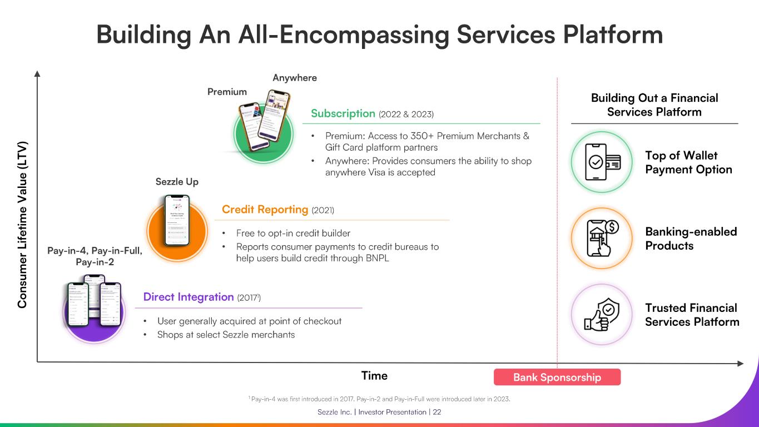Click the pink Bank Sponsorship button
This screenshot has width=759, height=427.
557,378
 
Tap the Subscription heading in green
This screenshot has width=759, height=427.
343,113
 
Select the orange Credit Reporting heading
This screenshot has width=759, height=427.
265,210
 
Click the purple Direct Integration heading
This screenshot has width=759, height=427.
188,297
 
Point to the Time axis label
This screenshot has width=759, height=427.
374,376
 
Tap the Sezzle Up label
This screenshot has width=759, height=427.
177,182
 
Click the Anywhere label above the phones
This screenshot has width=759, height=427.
294,78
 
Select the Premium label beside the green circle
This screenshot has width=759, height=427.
227,92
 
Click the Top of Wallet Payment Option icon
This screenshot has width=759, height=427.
602,162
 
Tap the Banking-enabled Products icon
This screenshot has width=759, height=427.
602,239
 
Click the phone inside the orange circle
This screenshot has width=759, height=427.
177,221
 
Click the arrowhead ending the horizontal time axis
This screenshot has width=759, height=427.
741,364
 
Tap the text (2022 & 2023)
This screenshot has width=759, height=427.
406,114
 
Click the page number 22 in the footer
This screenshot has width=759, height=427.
437,412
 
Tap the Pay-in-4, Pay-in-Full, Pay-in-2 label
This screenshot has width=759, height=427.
95,256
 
